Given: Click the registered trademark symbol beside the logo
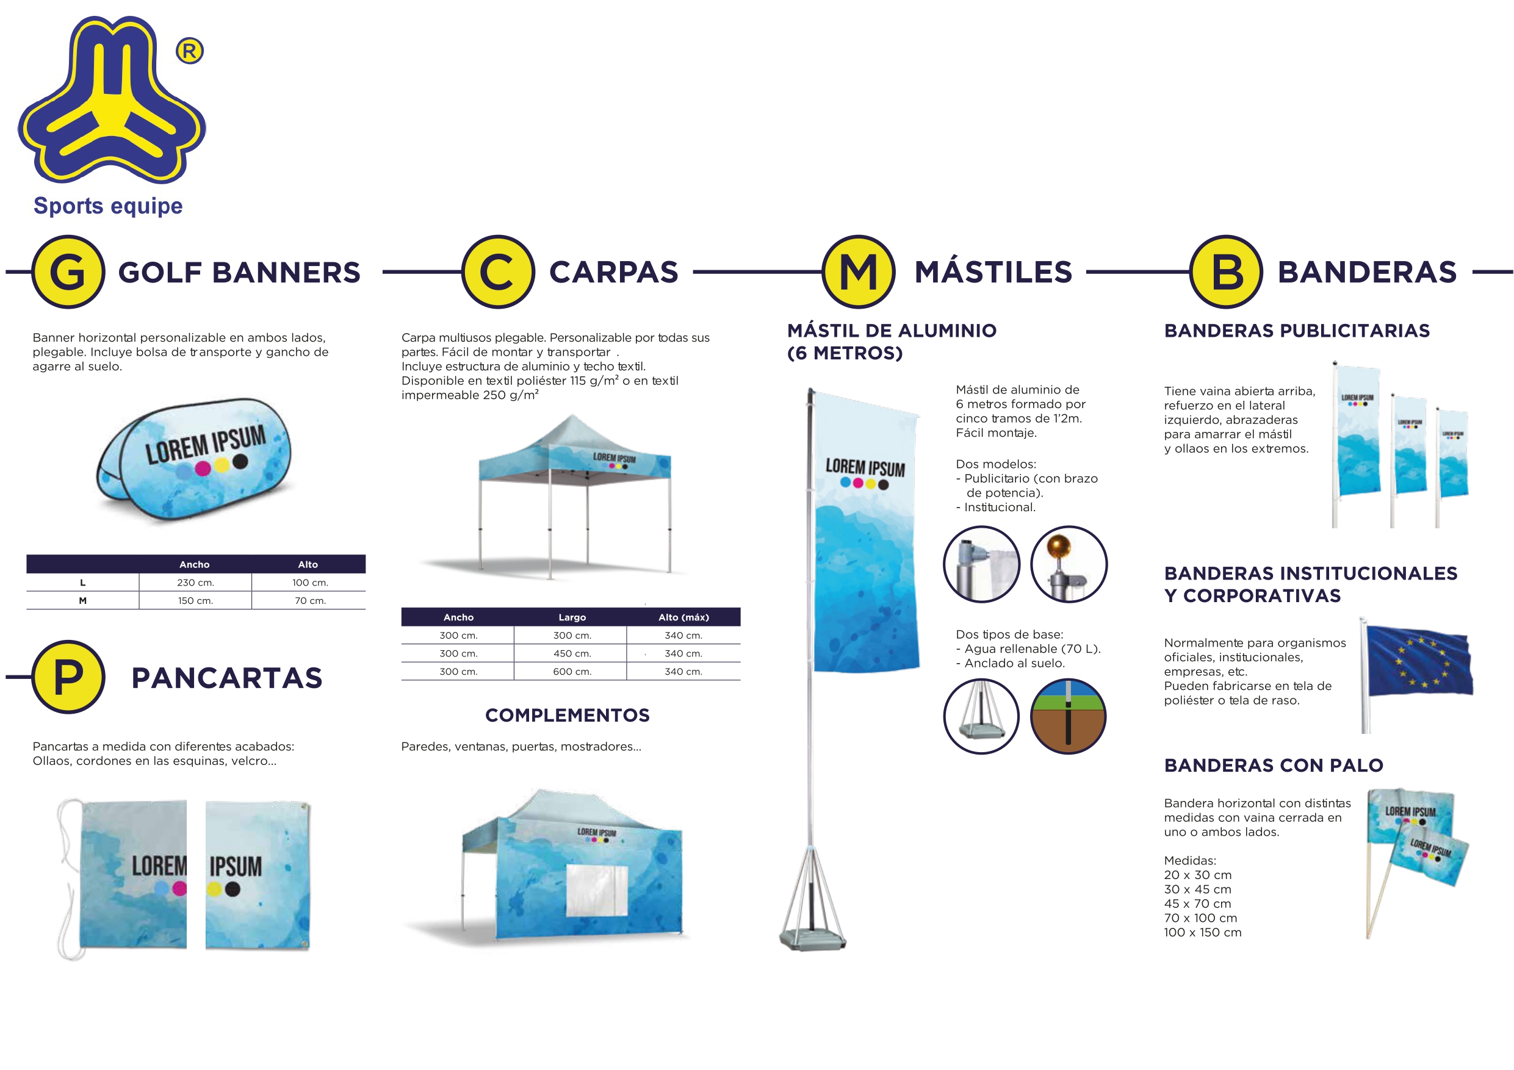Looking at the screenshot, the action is click(x=190, y=51).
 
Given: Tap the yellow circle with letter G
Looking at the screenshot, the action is click(x=68, y=271).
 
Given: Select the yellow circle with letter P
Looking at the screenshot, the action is click(x=68, y=677).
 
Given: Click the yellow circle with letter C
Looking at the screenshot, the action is click(x=498, y=271).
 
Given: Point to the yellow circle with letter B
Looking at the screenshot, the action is click(x=1226, y=271).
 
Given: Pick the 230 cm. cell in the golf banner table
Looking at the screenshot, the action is click(x=195, y=583).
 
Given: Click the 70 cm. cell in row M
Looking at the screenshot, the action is click(x=310, y=601).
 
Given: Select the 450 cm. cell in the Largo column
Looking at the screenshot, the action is click(x=572, y=653).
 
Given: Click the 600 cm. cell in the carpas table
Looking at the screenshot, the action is click(x=572, y=672).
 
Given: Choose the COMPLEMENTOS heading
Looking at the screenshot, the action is click(x=567, y=716).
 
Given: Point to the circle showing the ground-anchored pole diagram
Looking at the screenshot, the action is click(x=1069, y=717).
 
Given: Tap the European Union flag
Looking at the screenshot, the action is click(x=1419, y=661).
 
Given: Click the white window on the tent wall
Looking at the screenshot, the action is click(x=597, y=891).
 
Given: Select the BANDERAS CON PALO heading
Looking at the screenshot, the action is click(x=1274, y=766).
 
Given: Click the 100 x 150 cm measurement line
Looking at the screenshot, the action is click(x=1202, y=933).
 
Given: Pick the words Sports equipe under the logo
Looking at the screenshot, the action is click(x=108, y=206).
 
